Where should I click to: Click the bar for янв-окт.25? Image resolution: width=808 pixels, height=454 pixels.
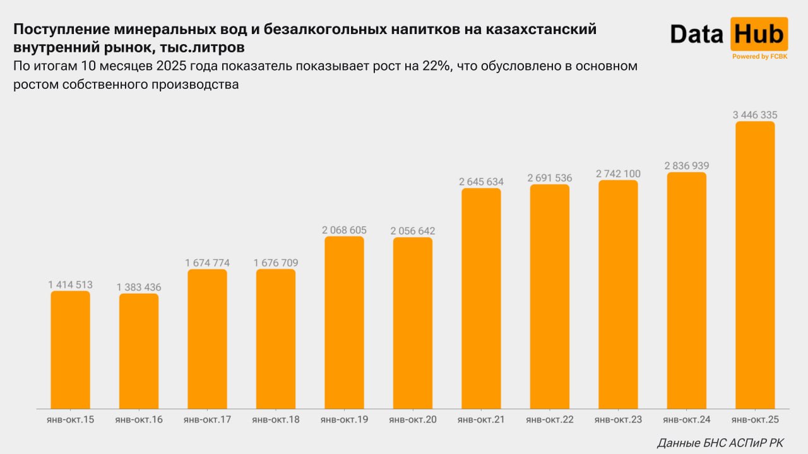pos(755,265)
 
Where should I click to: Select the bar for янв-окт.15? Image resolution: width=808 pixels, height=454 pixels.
pos(70,350)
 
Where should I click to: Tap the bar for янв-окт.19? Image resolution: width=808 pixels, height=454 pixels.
pos(344,322)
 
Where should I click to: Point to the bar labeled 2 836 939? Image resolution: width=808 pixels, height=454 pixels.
pos(686,290)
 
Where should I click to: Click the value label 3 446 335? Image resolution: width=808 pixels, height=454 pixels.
pos(755,115)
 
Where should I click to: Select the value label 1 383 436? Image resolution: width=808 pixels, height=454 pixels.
pos(139,288)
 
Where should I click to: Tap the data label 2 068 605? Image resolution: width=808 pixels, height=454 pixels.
pos(344,230)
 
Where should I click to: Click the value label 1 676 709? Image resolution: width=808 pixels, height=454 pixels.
pos(276,263)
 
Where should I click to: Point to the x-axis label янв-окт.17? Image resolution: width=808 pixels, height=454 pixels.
pos(207,419)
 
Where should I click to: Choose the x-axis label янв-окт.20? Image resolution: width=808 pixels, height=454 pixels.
pos(413,419)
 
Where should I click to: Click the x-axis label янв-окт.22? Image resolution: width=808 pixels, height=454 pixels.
pos(550,419)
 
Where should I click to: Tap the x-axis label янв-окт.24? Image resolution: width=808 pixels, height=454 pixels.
pos(686,419)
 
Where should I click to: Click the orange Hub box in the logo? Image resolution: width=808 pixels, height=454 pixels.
pos(759,34)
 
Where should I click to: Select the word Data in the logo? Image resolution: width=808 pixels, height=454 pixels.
pos(697,34)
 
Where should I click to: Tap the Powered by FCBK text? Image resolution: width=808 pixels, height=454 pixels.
pos(759,57)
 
